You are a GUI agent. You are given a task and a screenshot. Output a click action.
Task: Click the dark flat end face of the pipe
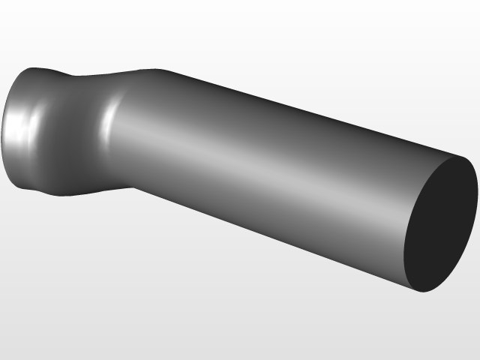(440, 225)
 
